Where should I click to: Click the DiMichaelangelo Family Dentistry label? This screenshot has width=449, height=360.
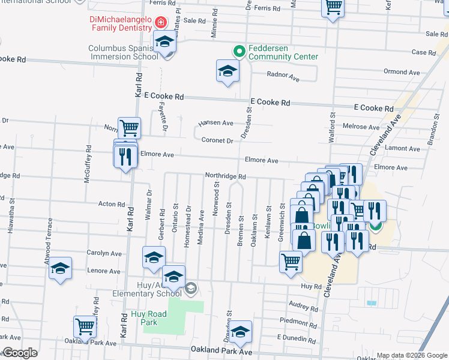(120, 23)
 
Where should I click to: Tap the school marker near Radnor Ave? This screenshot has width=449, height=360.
(228, 72)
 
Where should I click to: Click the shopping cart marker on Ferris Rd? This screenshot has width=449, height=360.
(333, 8)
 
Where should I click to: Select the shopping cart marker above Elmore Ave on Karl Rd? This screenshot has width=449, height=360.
(129, 127)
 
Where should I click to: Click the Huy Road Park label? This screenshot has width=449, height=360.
(144, 318)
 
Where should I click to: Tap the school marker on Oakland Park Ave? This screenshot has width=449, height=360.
(241, 332)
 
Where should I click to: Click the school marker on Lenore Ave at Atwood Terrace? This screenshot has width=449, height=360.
(60, 268)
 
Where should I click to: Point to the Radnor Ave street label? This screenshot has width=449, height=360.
(284, 77)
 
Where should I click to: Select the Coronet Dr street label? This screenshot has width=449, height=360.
(217, 140)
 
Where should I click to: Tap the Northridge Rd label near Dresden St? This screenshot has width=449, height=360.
(226, 176)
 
